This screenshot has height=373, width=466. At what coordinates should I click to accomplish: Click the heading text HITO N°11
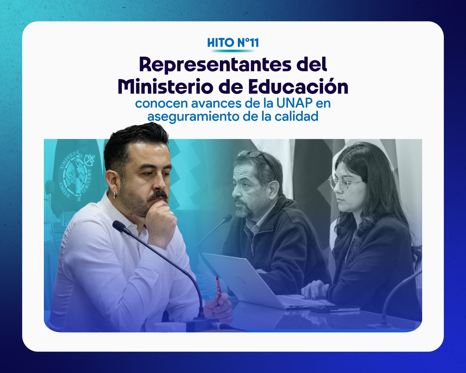tap(233, 42)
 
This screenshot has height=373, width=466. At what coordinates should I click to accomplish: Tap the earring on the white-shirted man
tap(114, 196)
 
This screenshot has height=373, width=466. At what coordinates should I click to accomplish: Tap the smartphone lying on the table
tap(335, 309)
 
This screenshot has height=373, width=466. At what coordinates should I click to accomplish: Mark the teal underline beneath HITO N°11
tap(233, 51)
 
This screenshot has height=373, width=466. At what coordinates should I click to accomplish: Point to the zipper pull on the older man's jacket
tap(252, 250)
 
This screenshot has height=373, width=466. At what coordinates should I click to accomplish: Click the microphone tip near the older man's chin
tap(227, 218)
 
